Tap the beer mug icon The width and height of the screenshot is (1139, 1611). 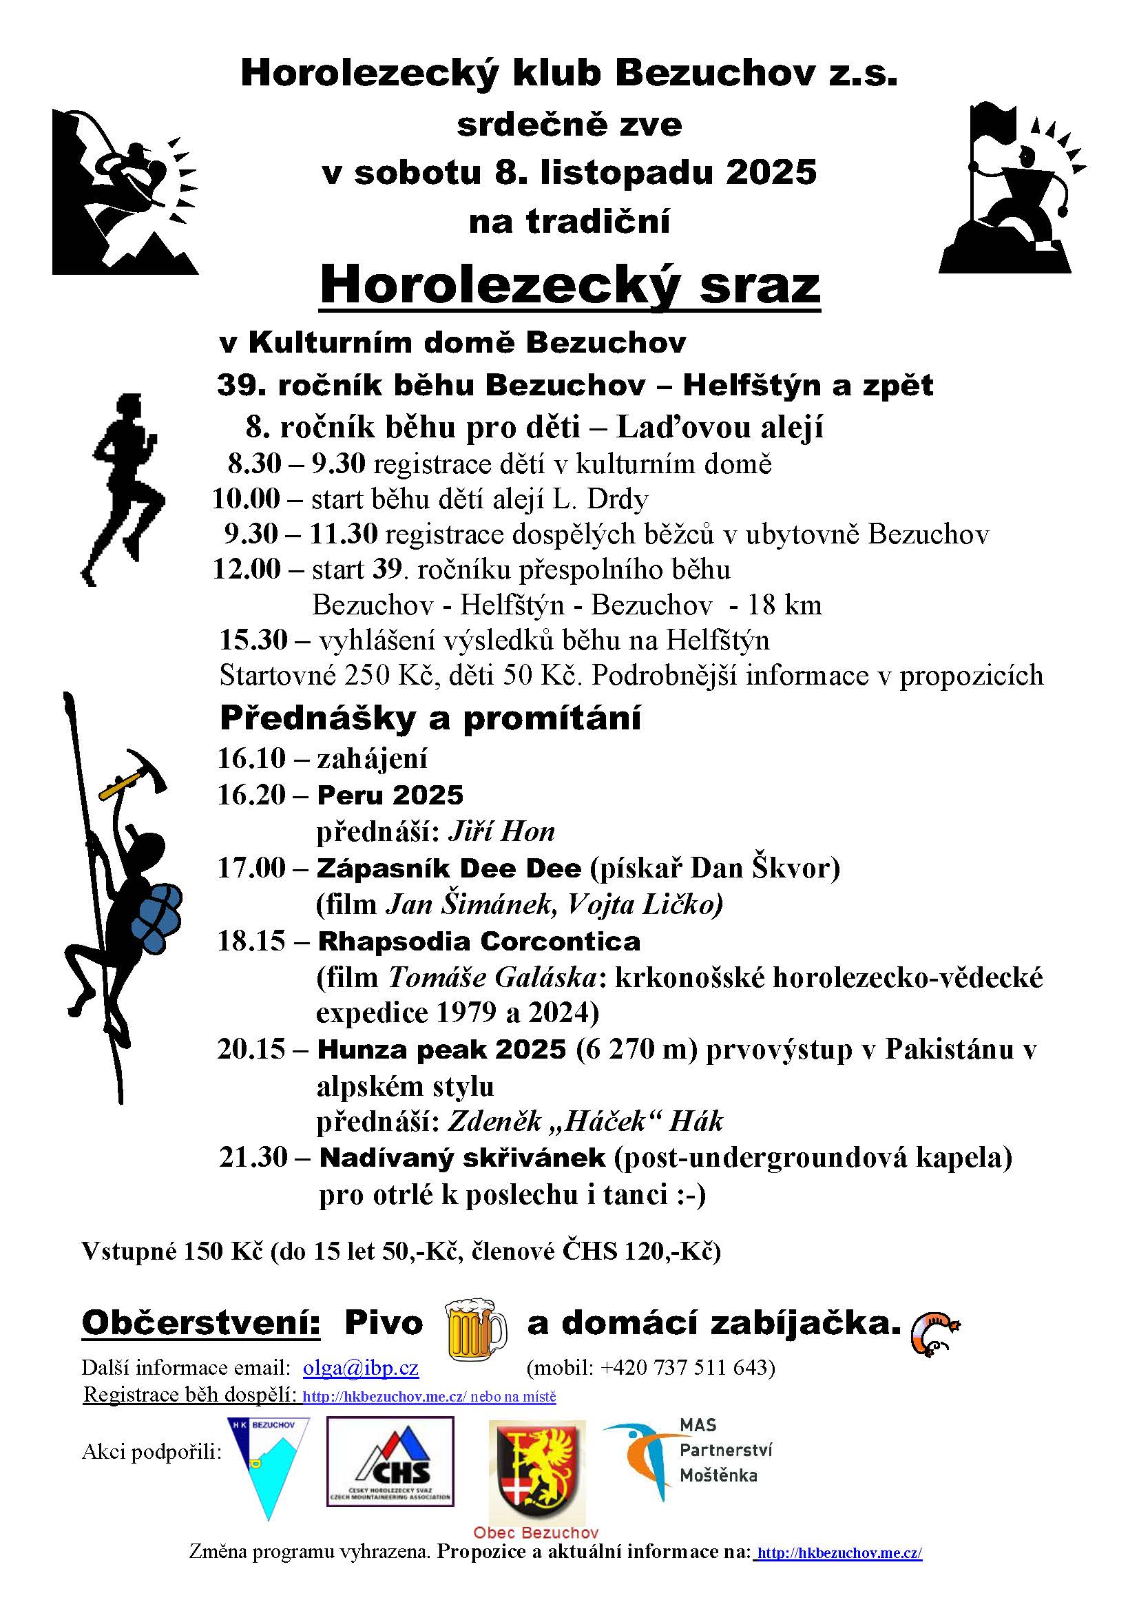476,1328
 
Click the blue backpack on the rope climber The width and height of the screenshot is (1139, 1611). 158,917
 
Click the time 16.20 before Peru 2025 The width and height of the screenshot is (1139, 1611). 252,795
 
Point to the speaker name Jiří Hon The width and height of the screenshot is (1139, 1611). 501,831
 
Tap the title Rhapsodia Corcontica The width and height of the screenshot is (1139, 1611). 479,942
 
